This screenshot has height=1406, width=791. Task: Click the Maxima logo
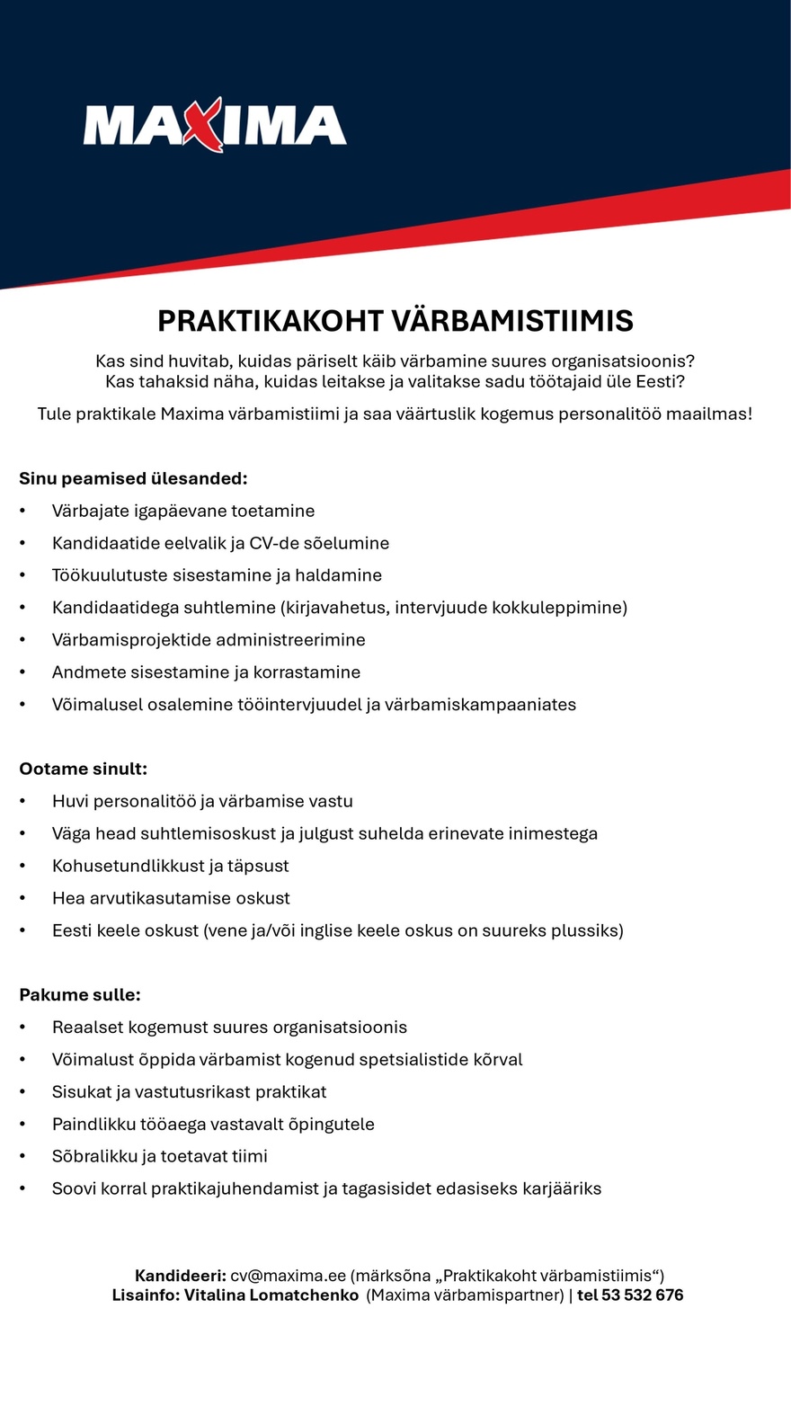214,125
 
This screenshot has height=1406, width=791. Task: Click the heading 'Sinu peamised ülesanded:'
133,478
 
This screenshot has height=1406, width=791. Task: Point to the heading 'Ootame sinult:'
84,769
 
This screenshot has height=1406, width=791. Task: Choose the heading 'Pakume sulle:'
80,995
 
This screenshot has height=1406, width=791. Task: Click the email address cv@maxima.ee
288,1276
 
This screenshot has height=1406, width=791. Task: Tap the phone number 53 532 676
642,1295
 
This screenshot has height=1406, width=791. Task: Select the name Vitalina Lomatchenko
271,1295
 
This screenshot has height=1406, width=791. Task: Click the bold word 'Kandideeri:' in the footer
180,1276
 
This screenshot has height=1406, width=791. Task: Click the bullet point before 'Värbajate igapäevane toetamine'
23,512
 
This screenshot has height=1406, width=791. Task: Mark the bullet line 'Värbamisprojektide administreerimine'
209,640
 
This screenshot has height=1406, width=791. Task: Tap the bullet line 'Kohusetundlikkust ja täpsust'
170,866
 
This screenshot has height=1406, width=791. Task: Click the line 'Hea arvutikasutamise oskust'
171,898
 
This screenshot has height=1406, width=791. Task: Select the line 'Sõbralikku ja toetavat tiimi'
160,1156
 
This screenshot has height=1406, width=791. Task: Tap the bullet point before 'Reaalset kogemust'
23,1028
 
